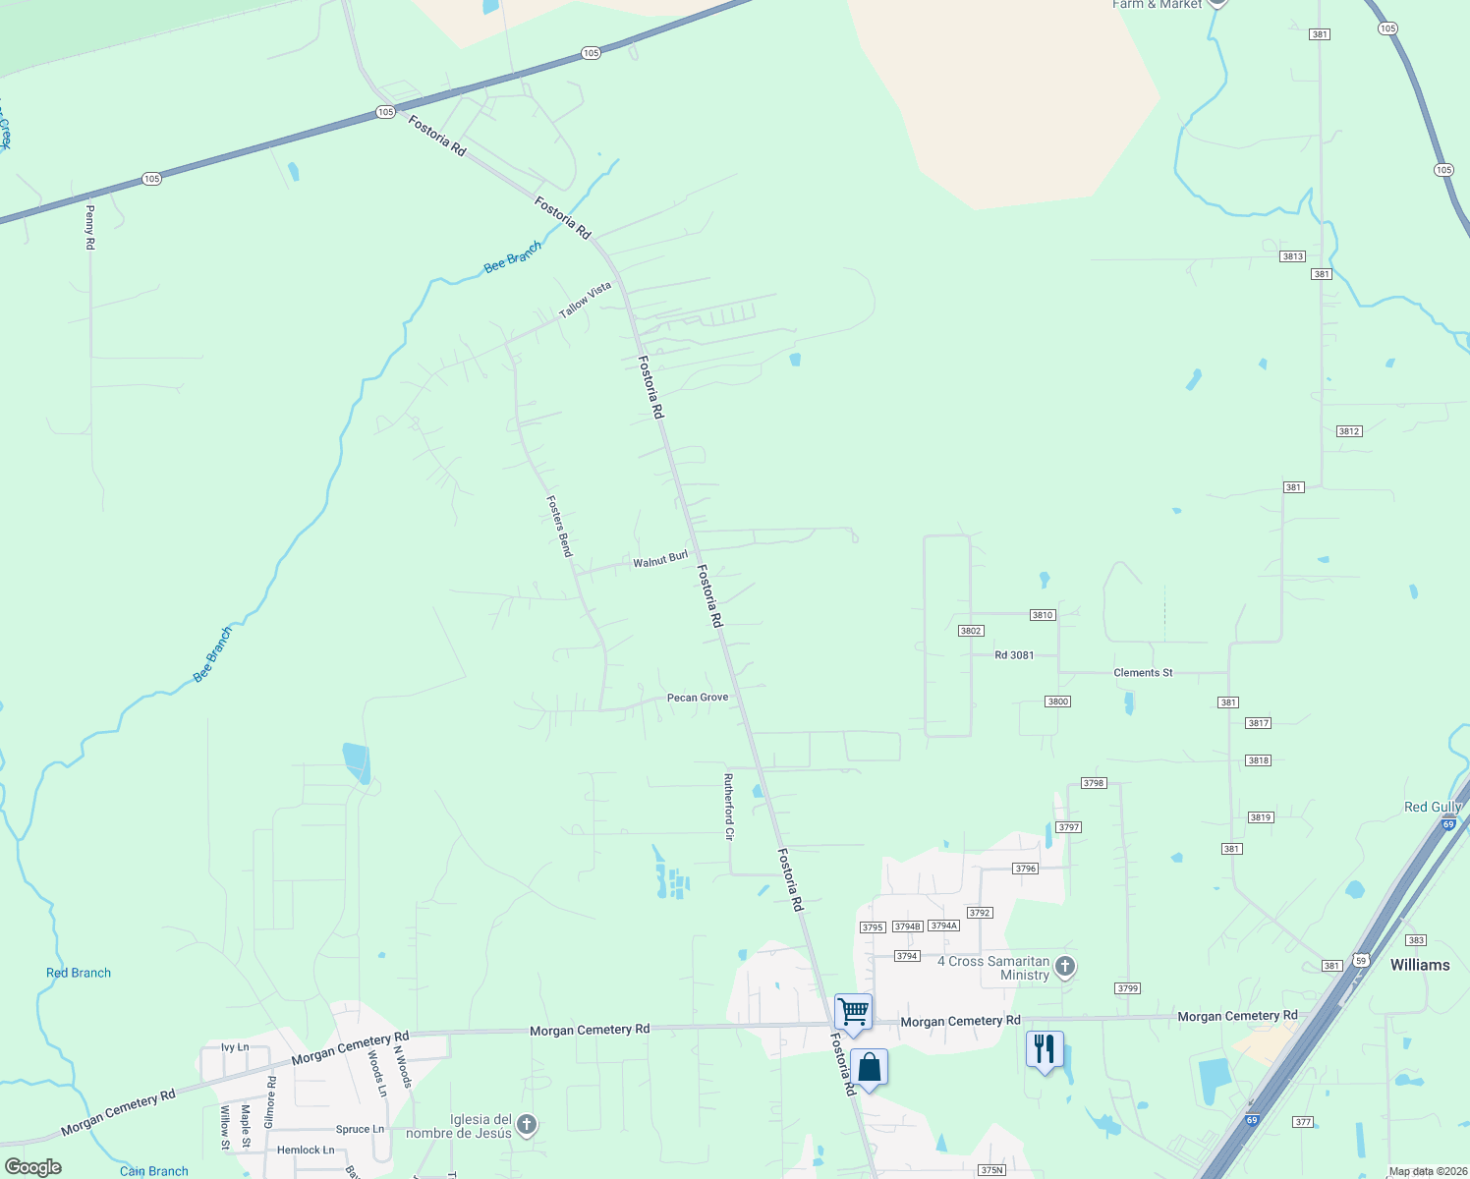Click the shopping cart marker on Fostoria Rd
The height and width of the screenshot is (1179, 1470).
[853, 1011]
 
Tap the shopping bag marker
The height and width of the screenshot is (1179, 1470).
[870, 1067]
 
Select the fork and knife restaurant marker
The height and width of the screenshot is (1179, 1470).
[1045, 1049]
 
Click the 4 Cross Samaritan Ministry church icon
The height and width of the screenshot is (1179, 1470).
[1065, 968]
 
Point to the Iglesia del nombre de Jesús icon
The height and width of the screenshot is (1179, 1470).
[527, 1125]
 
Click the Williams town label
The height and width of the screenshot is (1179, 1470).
[1420, 965]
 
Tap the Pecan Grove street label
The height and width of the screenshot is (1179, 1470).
[698, 698]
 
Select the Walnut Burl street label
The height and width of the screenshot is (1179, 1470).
[660, 559]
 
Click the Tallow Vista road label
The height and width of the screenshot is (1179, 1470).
[585, 300]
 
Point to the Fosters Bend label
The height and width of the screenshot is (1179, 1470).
[559, 526]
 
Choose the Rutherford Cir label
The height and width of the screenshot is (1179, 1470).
[729, 807]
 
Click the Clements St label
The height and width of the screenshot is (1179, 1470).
[1143, 673]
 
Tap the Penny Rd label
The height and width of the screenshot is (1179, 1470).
[90, 226]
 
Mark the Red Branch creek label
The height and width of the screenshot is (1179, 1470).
[79, 973]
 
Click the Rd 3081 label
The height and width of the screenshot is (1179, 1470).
[1014, 655]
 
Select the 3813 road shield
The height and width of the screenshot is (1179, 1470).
[1292, 256]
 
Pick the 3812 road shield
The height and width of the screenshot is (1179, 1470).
[1349, 431]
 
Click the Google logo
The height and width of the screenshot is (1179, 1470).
[33, 1167]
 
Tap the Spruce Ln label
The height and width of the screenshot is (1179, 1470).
[360, 1130]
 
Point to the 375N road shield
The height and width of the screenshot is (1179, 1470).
[992, 1170]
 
